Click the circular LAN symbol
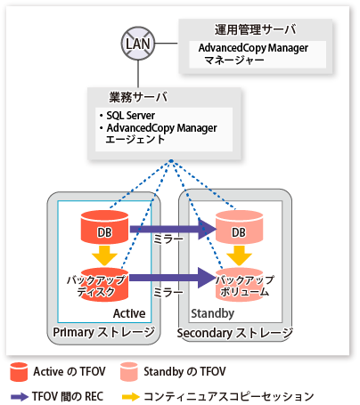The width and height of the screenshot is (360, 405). coord(138,44)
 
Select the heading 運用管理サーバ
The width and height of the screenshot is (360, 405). coord(255,29)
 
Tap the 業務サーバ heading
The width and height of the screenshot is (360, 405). coord(138,97)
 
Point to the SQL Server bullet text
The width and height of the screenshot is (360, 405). coord(131,115)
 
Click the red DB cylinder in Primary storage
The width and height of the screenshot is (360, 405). coord(104,227)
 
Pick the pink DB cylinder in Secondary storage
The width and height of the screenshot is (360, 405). coord(239,227)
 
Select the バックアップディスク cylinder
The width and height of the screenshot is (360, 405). coord(104,285)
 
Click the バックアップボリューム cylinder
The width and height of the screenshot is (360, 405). coord(239,285)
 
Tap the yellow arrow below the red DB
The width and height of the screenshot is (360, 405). coord(104,255)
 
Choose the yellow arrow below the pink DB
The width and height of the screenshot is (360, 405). coord(239,255)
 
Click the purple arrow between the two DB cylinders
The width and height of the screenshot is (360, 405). coord(173,229)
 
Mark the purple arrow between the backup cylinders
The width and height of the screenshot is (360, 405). coord(173,278)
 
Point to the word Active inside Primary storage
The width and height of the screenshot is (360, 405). coord(129,313)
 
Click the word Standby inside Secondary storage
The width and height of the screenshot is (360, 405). coord(212,313)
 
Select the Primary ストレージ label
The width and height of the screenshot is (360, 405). coord(104,332)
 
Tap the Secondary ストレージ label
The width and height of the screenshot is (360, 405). coord(235,333)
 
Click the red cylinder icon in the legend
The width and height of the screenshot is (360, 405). coord(19,371)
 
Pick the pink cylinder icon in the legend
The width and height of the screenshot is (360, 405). coord(129,371)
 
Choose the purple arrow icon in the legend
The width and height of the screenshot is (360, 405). coord(20,397)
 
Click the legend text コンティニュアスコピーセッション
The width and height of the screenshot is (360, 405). coord(229,396)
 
